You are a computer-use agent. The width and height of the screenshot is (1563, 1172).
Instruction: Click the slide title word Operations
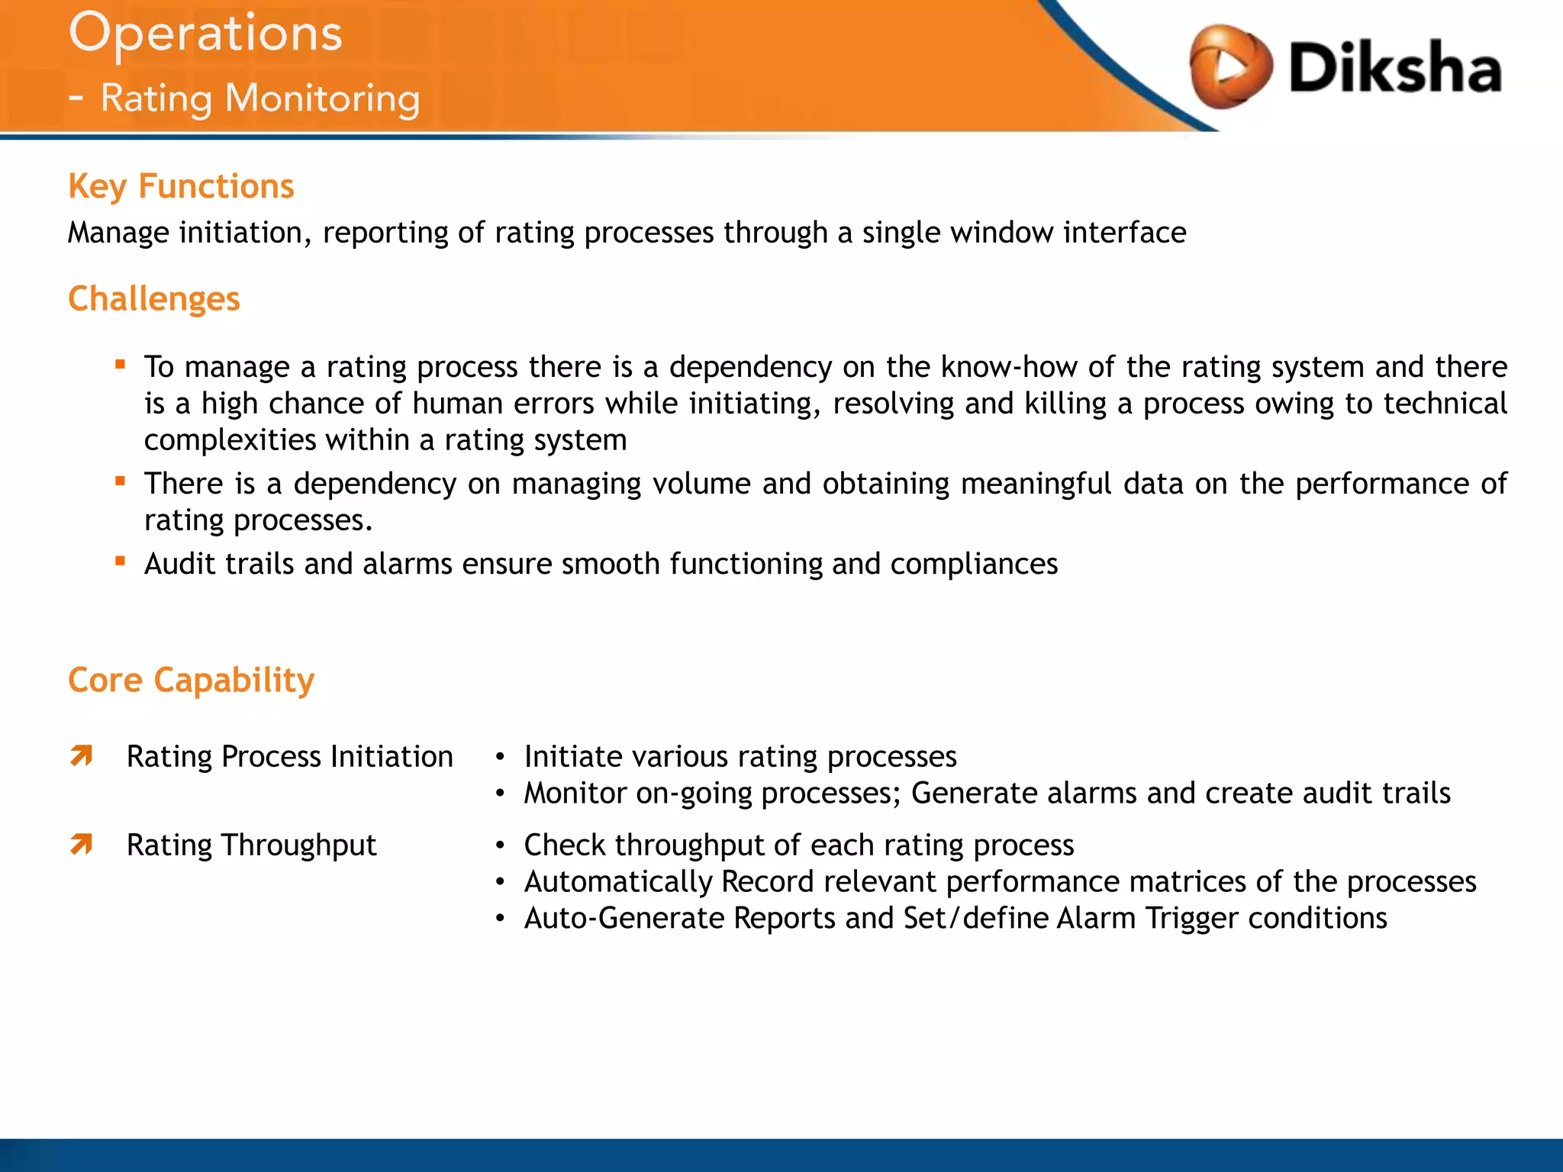(x=205, y=34)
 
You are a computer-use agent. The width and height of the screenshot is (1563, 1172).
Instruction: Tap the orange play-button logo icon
(x=1229, y=67)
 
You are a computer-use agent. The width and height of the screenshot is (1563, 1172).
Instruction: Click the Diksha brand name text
(x=1395, y=69)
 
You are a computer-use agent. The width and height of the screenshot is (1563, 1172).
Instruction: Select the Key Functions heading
(x=181, y=187)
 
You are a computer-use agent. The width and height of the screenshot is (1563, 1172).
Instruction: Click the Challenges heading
(x=153, y=299)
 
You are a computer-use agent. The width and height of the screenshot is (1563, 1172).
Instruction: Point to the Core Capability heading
(x=191, y=680)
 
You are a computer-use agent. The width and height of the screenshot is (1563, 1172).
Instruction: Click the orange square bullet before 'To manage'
(x=120, y=365)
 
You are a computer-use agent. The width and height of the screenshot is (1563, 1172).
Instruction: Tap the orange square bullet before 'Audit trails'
(x=120, y=562)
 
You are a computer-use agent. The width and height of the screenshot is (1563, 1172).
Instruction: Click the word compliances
(x=974, y=564)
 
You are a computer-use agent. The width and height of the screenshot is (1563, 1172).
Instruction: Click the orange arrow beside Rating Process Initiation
(x=82, y=756)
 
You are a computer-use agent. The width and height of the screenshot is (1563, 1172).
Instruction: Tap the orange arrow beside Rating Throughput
(x=82, y=845)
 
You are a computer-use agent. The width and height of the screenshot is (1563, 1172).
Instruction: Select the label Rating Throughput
(x=251, y=845)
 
